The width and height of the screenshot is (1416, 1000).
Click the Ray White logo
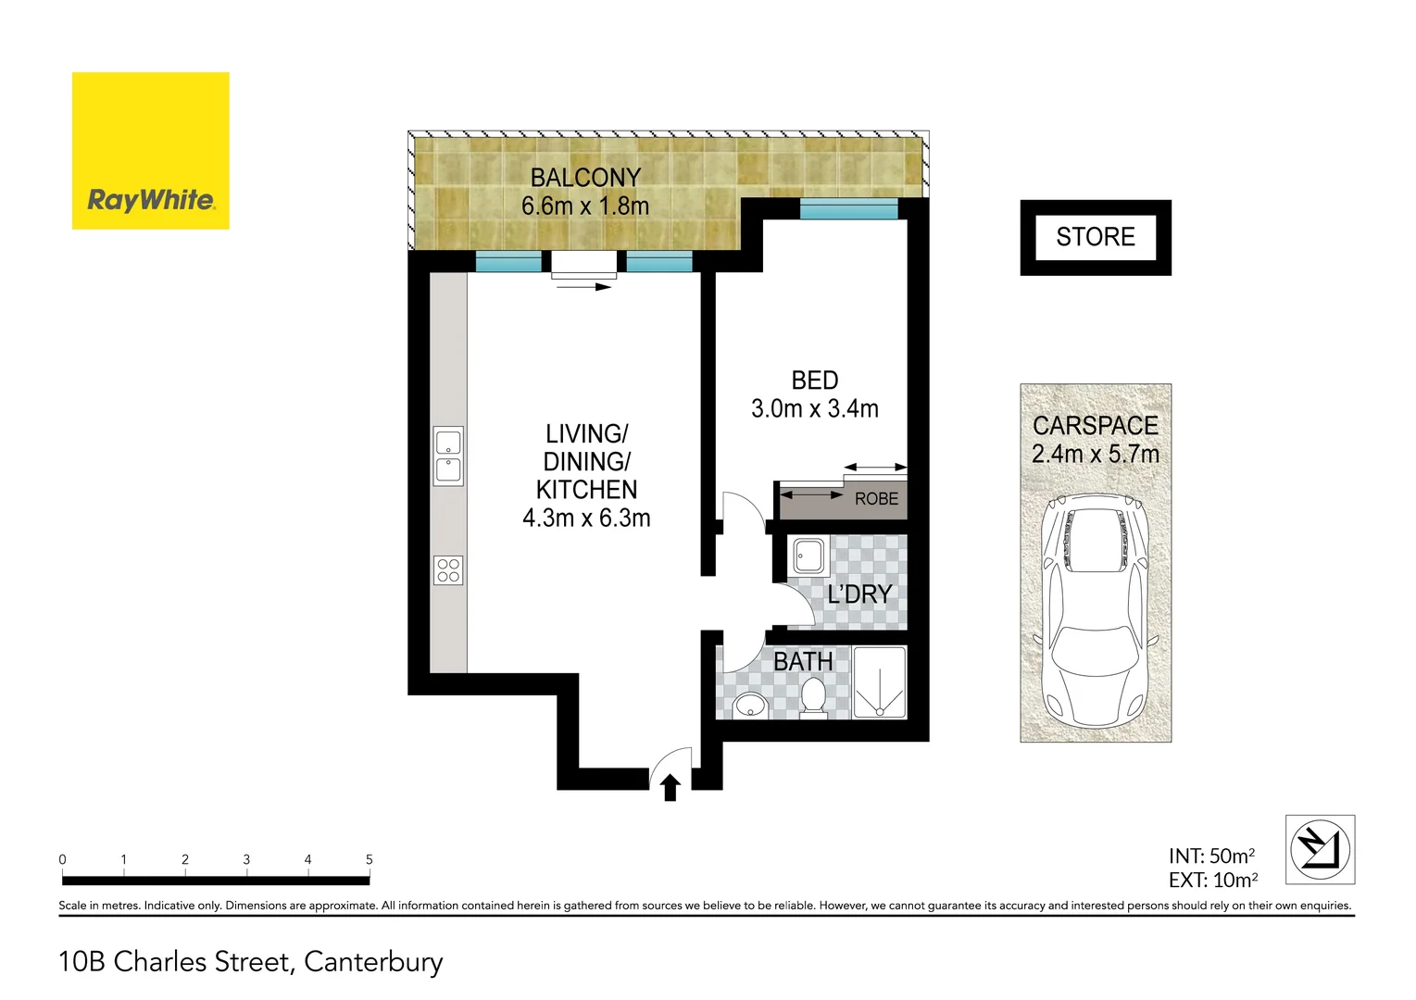pos(151,151)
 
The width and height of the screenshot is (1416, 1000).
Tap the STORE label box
pos(1096,237)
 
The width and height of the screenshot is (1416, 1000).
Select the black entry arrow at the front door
pos(670,788)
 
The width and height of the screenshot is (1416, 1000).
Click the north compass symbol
pos(1320,849)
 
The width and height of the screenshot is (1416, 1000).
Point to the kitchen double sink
pos(448,456)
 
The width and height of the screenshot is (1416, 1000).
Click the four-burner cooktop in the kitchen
pos(448,570)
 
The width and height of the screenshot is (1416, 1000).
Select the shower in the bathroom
pos(879,682)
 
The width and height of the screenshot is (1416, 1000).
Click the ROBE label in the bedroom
pos(876,499)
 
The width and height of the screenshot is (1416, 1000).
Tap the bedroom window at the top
pos(848,209)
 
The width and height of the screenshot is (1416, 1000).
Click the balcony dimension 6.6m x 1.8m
pos(584,206)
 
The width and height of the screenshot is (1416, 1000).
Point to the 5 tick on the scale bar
pos(369,860)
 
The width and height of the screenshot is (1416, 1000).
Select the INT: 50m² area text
pos(1211,856)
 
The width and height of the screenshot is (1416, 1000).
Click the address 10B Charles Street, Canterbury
pos(251,962)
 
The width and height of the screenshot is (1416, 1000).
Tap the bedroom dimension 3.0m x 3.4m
pos(814,408)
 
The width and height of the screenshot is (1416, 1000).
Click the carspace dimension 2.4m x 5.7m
pos(1096,454)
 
